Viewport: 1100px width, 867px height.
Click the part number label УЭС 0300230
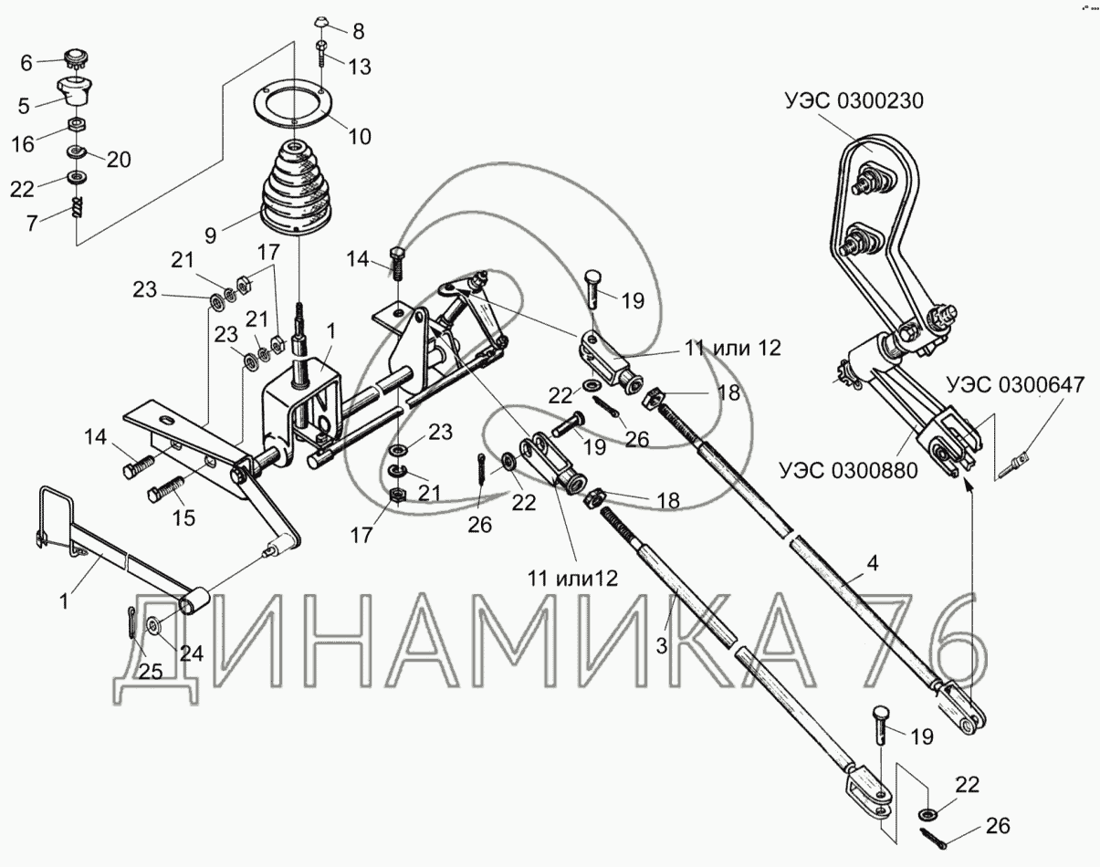click(x=852, y=100)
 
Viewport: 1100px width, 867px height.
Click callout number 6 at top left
click(x=26, y=63)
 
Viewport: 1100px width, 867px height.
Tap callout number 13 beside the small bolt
click(x=360, y=67)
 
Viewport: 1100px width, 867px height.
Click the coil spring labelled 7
click(x=78, y=212)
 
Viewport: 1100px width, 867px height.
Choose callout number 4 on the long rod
click(x=872, y=563)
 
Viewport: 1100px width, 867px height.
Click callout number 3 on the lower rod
click(x=662, y=643)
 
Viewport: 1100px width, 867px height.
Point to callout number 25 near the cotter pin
click(x=150, y=673)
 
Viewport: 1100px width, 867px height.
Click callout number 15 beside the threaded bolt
click(x=183, y=518)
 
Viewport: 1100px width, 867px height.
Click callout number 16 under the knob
click(x=24, y=144)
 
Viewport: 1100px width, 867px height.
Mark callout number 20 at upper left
click(x=118, y=160)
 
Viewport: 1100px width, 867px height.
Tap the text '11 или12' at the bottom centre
click(x=572, y=577)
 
